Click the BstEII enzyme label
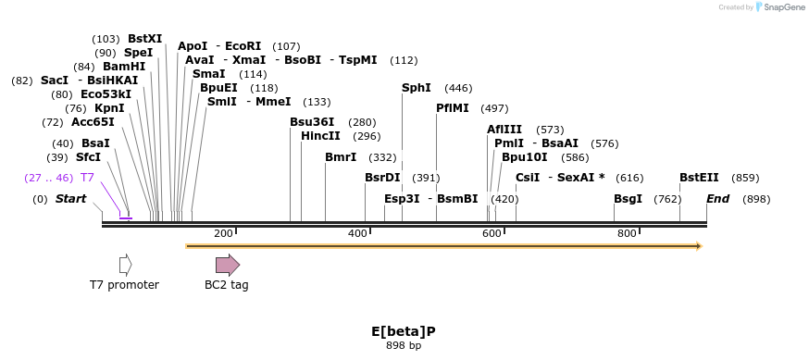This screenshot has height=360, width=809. click(x=699, y=178)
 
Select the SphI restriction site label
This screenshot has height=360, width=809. click(x=416, y=88)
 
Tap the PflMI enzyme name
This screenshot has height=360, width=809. click(x=451, y=108)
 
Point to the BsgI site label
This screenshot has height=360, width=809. click(x=628, y=199)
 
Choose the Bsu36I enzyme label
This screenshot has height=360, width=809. click(x=312, y=122)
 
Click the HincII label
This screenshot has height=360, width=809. click(x=320, y=136)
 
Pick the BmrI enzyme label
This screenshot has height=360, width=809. click(x=341, y=157)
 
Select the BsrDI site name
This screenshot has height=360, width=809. click(x=382, y=178)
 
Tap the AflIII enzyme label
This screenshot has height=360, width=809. click(x=504, y=130)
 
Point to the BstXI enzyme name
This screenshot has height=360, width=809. click(x=144, y=39)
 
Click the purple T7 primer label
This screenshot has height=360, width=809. click(x=87, y=178)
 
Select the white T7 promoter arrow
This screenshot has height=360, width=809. click(x=125, y=265)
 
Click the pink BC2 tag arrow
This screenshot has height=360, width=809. click(x=227, y=265)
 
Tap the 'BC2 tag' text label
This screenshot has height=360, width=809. click(x=227, y=285)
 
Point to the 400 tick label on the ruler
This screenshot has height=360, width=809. click(x=357, y=233)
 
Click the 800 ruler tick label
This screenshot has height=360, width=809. click(x=627, y=233)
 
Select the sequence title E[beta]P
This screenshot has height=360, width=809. click(x=404, y=331)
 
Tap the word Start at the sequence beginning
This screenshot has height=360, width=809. click(x=70, y=199)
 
